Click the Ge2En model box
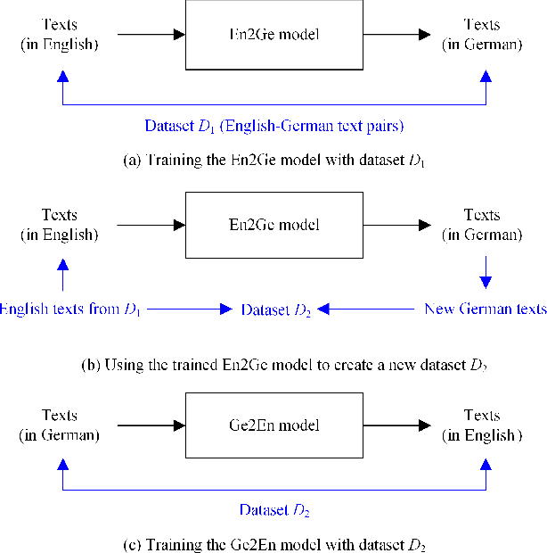pyautogui.click(x=273, y=425)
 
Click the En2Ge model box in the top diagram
pyautogui.click(x=273, y=35)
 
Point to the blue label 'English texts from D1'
pyautogui.click(x=71, y=309)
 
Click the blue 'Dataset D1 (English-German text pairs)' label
pyautogui.click(x=273, y=126)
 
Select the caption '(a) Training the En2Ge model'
pyautogui.click(x=273, y=161)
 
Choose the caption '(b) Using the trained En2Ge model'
pyautogui.click(x=273, y=364)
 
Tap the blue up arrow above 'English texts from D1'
pyautogui.click(x=62, y=273)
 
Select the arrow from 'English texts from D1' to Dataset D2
pyautogui.click(x=192, y=309)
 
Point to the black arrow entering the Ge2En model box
pyautogui.click(x=151, y=425)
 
